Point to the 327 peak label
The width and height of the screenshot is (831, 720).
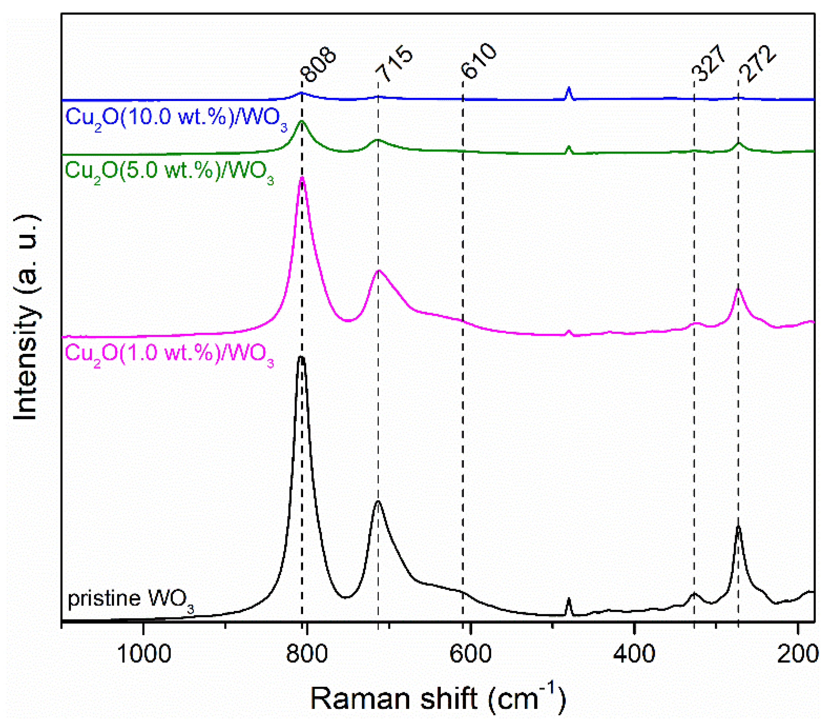point(709,63)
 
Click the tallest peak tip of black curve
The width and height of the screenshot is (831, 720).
point(301,357)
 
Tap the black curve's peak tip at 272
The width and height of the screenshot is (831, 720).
point(738,527)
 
